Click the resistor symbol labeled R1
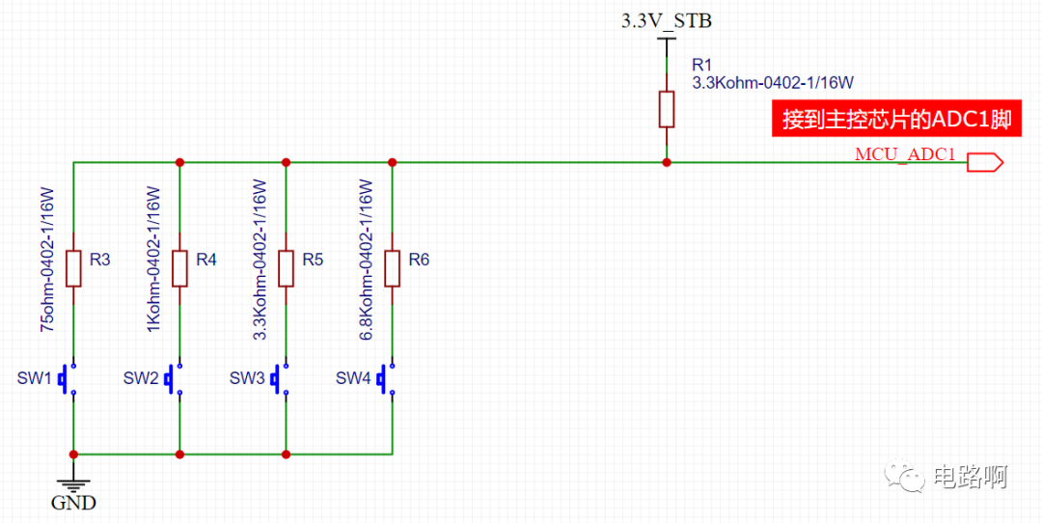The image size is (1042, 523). point(666,109)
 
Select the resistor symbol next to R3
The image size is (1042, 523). point(73,268)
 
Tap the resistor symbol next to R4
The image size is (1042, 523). point(179,268)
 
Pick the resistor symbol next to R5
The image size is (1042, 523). point(286,268)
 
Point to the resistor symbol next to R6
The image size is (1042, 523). point(392,268)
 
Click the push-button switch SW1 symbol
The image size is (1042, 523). point(68,379)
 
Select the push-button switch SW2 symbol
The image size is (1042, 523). point(174,379)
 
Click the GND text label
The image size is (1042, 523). point(73,503)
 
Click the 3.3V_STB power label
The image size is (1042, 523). point(666,21)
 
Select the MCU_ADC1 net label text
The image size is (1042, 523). point(905,154)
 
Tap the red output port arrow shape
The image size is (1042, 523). point(985,162)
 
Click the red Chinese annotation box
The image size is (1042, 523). point(896,119)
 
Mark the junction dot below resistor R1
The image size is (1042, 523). point(666,162)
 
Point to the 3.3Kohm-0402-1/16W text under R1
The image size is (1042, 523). point(772,82)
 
